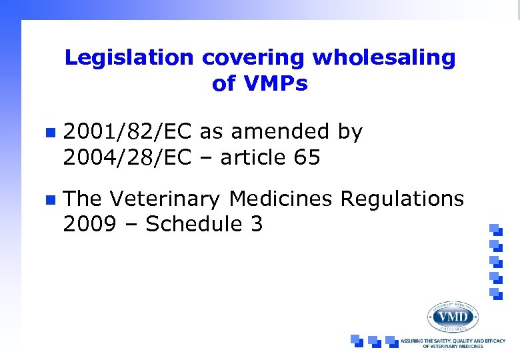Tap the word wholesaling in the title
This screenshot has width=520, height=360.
384,58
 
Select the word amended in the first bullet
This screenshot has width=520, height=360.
279,132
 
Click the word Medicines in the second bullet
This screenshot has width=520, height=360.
281,199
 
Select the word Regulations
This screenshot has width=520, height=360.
402,199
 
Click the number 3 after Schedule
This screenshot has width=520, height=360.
256,225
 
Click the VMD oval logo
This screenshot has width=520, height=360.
453,316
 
